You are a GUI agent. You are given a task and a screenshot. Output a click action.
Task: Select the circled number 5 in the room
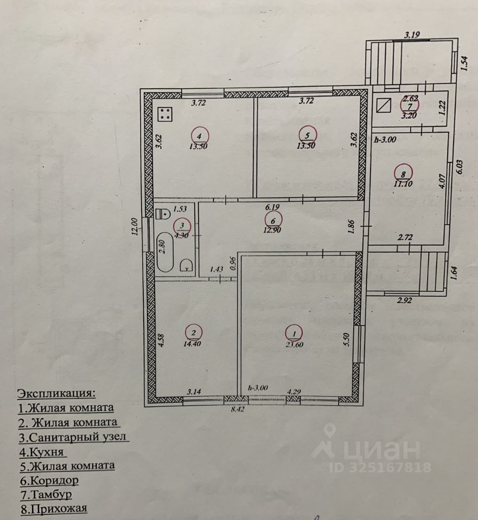(308, 135)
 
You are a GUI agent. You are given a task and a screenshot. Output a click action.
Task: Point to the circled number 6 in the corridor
(272, 219)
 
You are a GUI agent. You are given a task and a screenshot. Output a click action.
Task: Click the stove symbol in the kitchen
(165, 115)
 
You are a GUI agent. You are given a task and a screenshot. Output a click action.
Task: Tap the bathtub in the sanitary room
(165, 252)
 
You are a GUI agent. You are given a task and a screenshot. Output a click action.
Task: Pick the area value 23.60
(295, 342)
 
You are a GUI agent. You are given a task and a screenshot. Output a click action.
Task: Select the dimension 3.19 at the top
(412, 36)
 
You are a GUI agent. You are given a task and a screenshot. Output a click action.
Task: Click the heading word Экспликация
(56, 392)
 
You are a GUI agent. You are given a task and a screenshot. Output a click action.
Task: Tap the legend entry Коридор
(49, 480)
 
